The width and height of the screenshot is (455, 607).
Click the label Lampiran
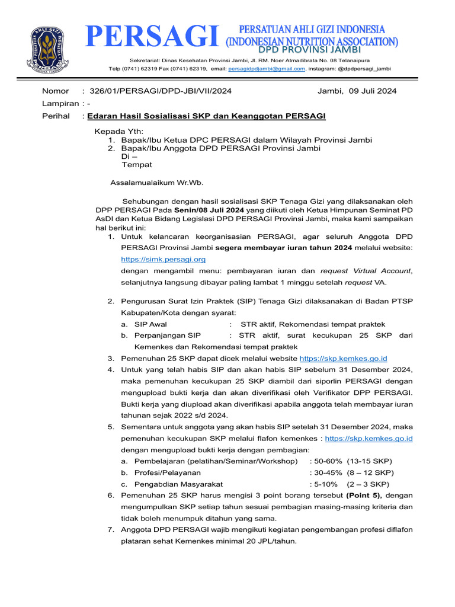[x=60, y=103]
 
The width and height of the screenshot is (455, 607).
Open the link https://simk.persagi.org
[x=163, y=259]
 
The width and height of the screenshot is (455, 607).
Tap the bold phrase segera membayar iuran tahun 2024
[x=283, y=247]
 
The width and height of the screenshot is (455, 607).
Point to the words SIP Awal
[x=150, y=324]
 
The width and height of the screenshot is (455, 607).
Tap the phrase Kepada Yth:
[x=119, y=131]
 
